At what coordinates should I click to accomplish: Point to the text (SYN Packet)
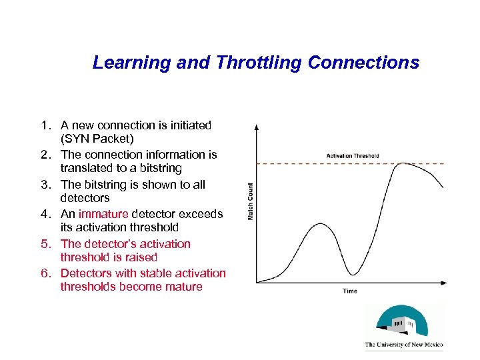point(97,139)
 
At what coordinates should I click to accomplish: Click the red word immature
point(103,214)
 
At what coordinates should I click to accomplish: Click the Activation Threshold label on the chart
point(353,156)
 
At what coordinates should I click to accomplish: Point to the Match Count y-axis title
point(251,201)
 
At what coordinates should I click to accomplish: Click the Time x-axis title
point(350,291)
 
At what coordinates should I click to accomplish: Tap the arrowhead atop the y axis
point(257,125)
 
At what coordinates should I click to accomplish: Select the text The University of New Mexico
point(404,345)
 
